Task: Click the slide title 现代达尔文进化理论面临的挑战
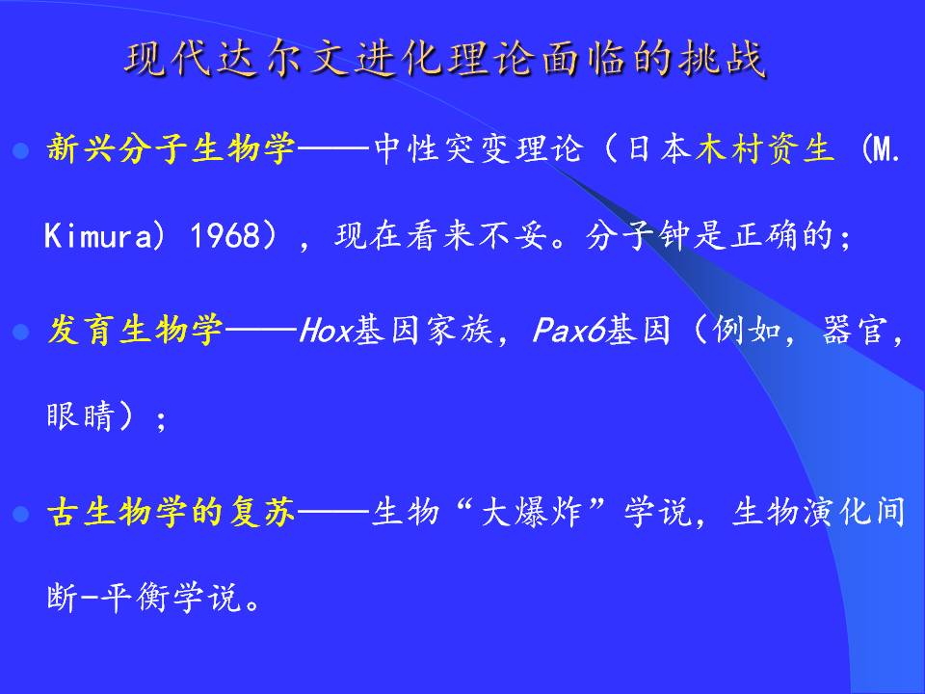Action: (445, 59)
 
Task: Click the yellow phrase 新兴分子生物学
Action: (172, 148)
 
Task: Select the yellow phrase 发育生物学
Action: (135, 330)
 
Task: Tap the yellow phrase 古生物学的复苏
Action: (172, 511)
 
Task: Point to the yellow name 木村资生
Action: (764, 148)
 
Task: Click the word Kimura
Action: (98, 235)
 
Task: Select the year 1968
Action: (225, 235)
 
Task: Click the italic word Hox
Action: (325, 330)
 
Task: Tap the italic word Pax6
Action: (568, 330)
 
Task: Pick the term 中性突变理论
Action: (479, 148)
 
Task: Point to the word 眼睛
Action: (80, 416)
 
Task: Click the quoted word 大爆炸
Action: (532, 511)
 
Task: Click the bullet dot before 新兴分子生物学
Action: (21, 151)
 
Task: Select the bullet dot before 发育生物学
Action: (21, 333)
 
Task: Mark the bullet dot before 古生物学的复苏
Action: (21, 514)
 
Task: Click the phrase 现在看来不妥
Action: (440, 235)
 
